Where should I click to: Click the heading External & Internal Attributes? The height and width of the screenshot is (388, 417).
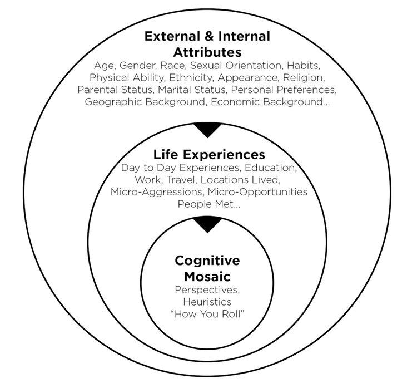tap(207, 44)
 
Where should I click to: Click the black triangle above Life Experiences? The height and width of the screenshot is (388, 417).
tap(207, 130)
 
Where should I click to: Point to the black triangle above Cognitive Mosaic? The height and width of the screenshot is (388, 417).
tap(207, 225)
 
